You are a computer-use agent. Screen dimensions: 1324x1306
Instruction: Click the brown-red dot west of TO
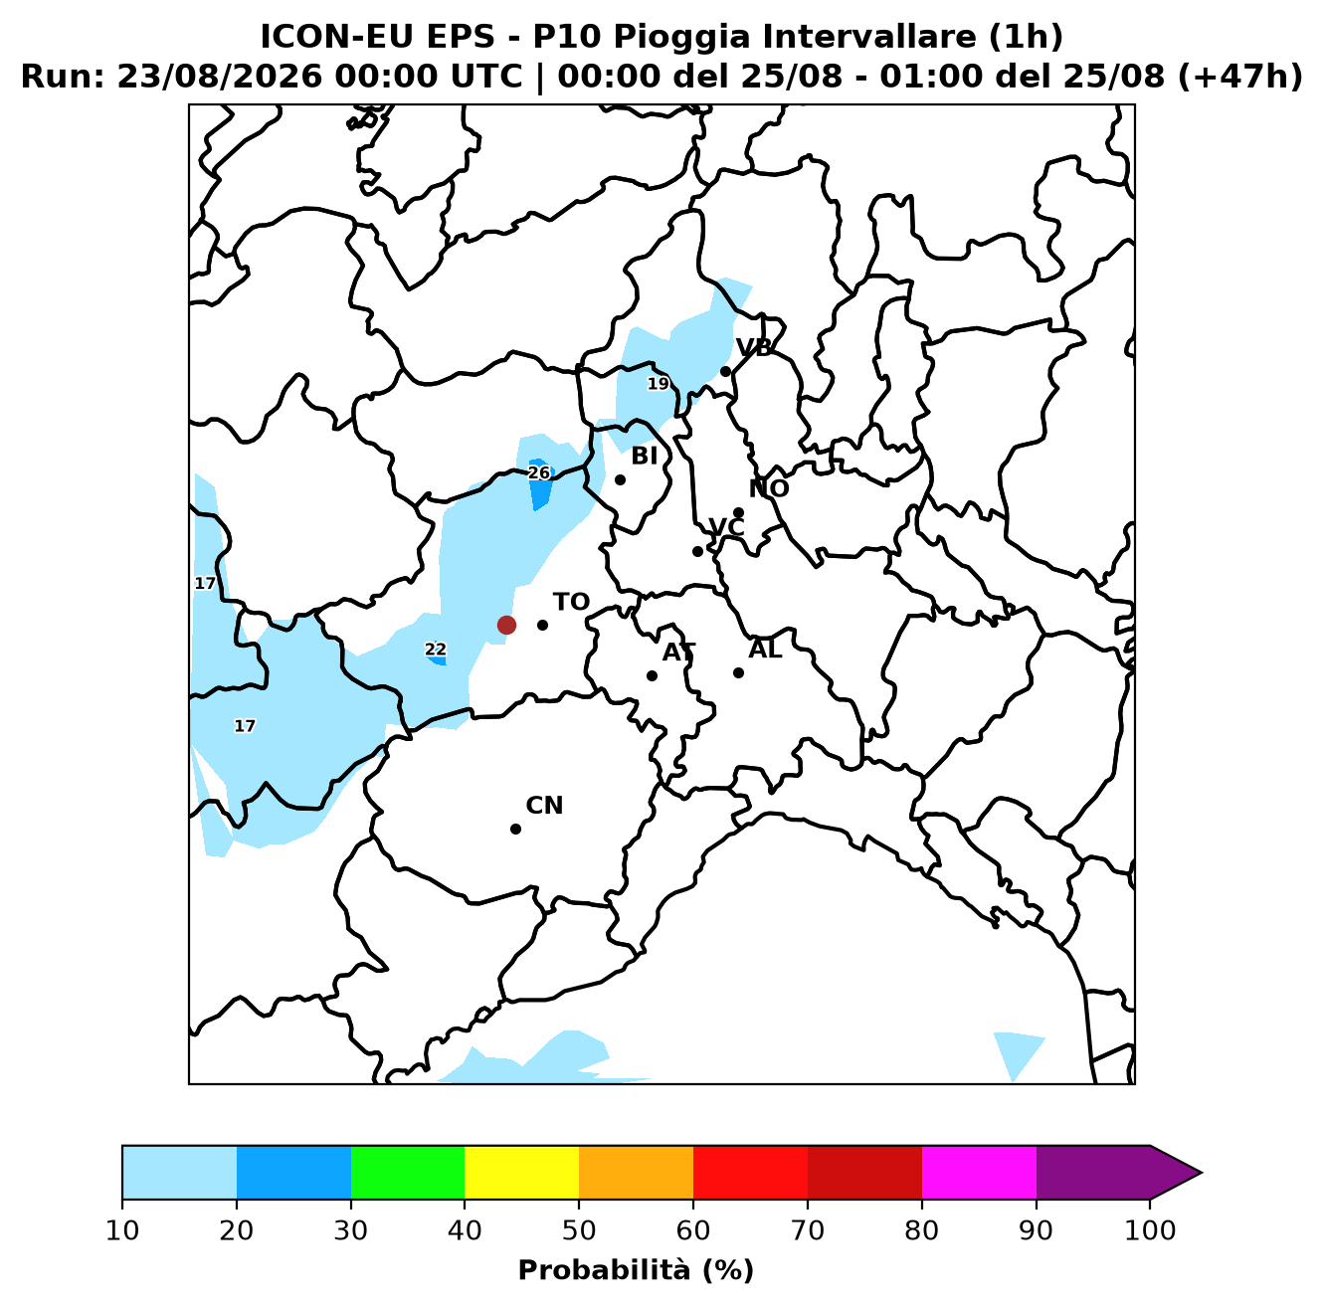coord(506,625)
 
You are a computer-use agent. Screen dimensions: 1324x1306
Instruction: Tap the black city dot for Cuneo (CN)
coord(515,829)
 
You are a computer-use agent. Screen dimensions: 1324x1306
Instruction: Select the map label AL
coord(765,650)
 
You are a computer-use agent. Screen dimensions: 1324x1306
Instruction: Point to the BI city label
coord(644,456)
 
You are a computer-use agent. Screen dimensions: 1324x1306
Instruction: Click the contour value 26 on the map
coord(539,472)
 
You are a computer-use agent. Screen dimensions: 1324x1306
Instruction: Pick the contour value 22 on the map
coord(435,650)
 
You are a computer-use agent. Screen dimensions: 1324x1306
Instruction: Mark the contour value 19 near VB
coord(659,384)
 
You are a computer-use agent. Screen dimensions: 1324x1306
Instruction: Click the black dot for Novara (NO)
coord(738,513)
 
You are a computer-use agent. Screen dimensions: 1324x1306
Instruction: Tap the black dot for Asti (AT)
coord(652,675)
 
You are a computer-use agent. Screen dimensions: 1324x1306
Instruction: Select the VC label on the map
coord(726,527)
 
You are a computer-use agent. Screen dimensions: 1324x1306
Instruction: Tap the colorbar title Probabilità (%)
coord(636,1270)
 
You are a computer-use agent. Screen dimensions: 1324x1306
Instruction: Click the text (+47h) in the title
coord(1239,77)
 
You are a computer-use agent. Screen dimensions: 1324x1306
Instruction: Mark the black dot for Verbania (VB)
coord(725,372)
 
